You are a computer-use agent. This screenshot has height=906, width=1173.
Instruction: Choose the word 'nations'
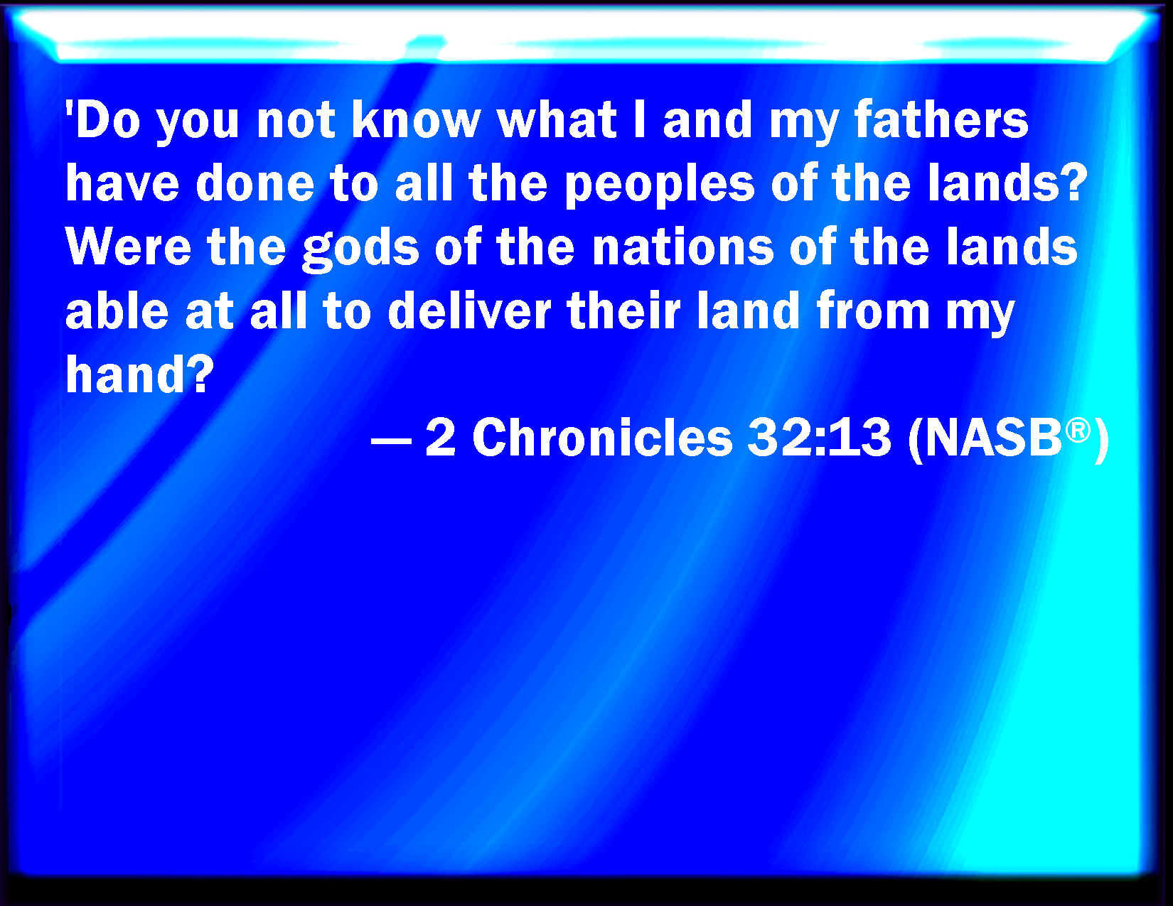coord(683,247)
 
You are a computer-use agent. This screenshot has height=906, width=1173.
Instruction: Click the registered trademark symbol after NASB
coord(1078,430)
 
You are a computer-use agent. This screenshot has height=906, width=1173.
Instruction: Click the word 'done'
coord(255,183)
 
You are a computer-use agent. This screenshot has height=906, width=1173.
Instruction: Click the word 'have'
coord(122,183)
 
